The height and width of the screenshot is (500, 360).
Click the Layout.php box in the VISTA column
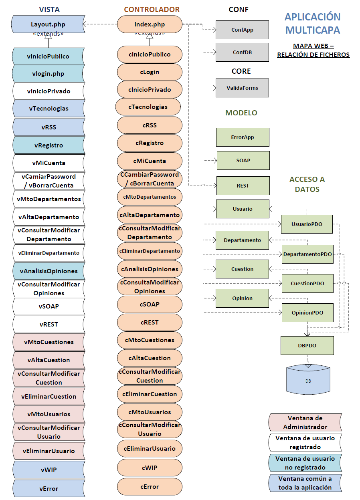pyautogui.click(x=48, y=24)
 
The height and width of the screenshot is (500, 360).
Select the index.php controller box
pyautogui.click(x=150, y=24)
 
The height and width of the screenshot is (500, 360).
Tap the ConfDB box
pyautogui.click(x=242, y=52)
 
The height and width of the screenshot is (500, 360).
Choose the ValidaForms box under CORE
pyautogui.click(x=242, y=88)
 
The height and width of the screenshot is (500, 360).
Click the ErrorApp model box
pyautogui.click(x=243, y=137)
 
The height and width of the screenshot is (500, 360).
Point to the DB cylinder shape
pyautogui.click(x=308, y=380)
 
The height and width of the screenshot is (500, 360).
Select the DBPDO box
pyautogui.click(x=307, y=345)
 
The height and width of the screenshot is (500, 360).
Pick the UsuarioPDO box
pyautogui.click(x=307, y=224)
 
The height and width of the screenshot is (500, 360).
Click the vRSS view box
pyautogui.click(x=49, y=127)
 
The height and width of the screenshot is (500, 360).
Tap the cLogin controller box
pyautogui.click(x=150, y=72)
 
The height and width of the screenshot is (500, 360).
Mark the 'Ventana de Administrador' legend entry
pyautogui.click(x=305, y=423)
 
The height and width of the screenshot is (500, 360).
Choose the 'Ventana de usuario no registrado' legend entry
pyautogui.click(x=305, y=463)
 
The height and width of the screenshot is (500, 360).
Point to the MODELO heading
pyautogui.click(x=241, y=113)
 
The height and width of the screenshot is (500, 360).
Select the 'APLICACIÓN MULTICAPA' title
pyautogui.click(x=313, y=23)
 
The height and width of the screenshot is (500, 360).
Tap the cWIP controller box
pyautogui.click(x=150, y=468)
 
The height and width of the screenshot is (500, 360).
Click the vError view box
pyautogui.click(x=49, y=488)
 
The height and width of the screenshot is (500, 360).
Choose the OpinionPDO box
pyautogui.click(x=307, y=313)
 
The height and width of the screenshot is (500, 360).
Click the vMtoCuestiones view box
pyautogui.click(x=49, y=342)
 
